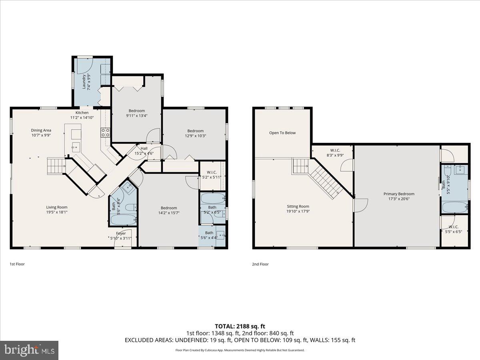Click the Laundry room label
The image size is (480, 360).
tap(84, 82)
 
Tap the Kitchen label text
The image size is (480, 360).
tap(82, 113)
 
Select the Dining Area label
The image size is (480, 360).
tap(41, 130)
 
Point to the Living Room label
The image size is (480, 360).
tap(56, 207)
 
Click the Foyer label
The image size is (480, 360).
tap(121, 233)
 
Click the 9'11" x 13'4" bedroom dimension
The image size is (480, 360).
tap(136, 116)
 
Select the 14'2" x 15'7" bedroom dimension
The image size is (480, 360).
tap(169, 213)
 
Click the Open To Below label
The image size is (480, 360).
tap(282, 133)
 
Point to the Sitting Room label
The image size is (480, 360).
tap(298, 206)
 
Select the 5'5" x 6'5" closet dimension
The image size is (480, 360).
tap(453, 231)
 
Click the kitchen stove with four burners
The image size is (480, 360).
tap(106, 132)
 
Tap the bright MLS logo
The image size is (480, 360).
tap(29, 350)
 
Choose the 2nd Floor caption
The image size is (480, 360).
tap(260, 264)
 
